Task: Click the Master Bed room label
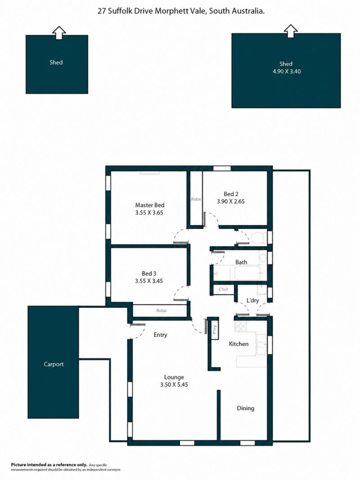pos(149,205)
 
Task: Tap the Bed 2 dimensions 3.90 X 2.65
pos(230,201)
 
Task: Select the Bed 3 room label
pos(149,273)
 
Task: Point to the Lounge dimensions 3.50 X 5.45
pos(174,385)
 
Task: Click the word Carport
pos(54,364)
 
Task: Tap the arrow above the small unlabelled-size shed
pos(59,32)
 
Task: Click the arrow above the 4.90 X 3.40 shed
pos(291,31)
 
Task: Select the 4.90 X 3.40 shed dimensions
pos(287,72)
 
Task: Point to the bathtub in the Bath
pos(248,273)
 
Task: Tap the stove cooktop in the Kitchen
pos(240,326)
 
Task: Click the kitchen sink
pos(261,344)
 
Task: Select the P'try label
pos(214,330)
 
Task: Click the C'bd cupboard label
pos(223,289)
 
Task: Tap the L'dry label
pos(252,301)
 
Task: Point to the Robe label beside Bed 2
pos(196,199)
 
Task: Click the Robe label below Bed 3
pos(161,311)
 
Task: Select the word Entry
pos(160,335)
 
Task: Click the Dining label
pos(246,408)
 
